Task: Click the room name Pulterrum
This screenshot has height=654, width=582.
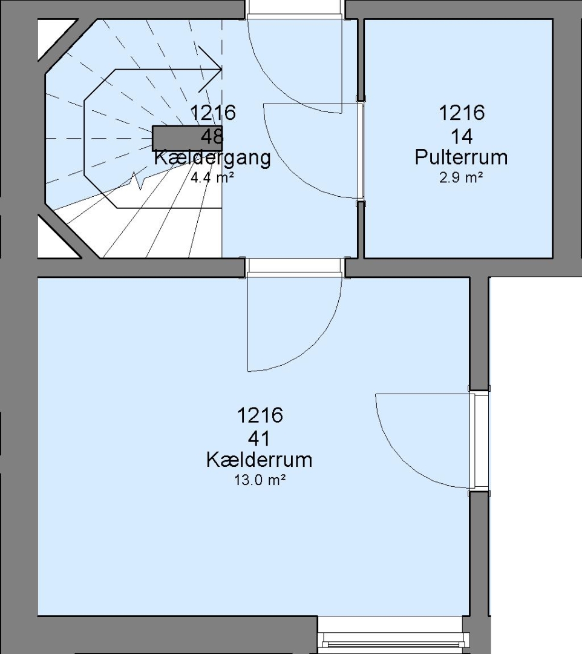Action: (x=461, y=157)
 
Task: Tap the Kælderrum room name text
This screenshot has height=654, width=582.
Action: (x=259, y=460)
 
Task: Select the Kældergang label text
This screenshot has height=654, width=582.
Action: (x=212, y=158)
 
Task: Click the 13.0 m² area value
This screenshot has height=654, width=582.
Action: (x=260, y=480)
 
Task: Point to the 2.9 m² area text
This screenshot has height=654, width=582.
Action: (x=461, y=178)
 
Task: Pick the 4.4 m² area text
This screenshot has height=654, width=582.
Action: (x=212, y=178)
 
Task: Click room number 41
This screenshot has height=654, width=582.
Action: (x=259, y=439)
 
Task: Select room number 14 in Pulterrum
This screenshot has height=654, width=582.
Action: (x=462, y=137)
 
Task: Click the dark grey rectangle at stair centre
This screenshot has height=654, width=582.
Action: (x=187, y=138)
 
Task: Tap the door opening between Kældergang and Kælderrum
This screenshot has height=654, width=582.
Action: (x=294, y=268)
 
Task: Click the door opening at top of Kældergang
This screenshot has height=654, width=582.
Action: (x=294, y=9)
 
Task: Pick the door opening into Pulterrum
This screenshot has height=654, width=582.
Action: (x=361, y=151)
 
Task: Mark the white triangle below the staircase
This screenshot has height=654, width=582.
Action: (x=57, y=238)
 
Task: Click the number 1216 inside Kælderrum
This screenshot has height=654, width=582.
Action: (x=260, y=415)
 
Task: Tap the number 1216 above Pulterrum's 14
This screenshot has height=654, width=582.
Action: (x=462, y=113)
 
